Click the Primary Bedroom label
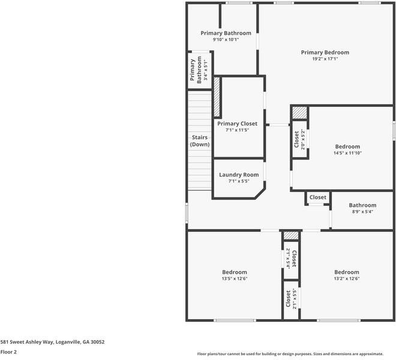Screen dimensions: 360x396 [325, 52]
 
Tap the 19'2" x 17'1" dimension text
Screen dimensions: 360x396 [325, 59]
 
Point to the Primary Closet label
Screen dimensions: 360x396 [237, 124]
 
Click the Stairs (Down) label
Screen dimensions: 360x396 [200, 141]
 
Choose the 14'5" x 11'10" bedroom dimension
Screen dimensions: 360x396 [347, 153]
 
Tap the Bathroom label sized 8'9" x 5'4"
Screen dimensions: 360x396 [363, 205]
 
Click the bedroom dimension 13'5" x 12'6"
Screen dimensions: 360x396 [235, 278]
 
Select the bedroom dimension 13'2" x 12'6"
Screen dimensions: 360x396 [347, 278]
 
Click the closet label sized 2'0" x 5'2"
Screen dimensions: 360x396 [296, 140]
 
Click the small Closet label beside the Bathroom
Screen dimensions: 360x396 [318, 197]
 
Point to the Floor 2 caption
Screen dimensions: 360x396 [8, 352]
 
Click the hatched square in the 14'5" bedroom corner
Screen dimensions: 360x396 [299, 112]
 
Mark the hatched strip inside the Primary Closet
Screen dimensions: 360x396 [217, 96]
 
